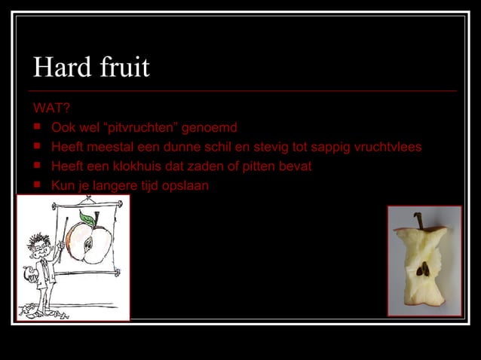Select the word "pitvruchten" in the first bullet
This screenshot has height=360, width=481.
coord(146,127)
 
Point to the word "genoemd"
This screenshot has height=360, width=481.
coord(214,127)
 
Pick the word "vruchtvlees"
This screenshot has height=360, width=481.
coord(388,146)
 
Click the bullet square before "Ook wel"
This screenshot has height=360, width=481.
coord(37,127)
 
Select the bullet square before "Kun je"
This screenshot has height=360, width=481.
coord(37,185)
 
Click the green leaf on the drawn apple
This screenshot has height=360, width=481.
coord(89,219)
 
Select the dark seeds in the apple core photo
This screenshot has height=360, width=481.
coord(424,268)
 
